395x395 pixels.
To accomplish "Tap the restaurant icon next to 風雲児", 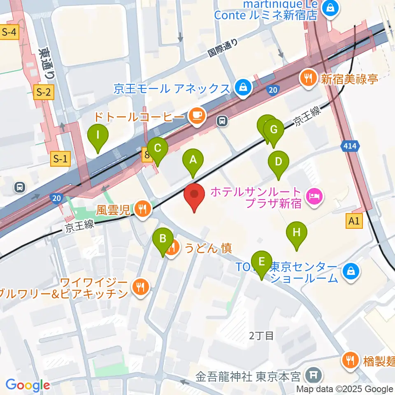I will tap(142, 210).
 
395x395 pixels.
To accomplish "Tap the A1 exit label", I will tap(354, 222).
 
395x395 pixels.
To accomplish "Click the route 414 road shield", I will tap(350, 146).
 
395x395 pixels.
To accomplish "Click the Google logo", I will tap(28, 385).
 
